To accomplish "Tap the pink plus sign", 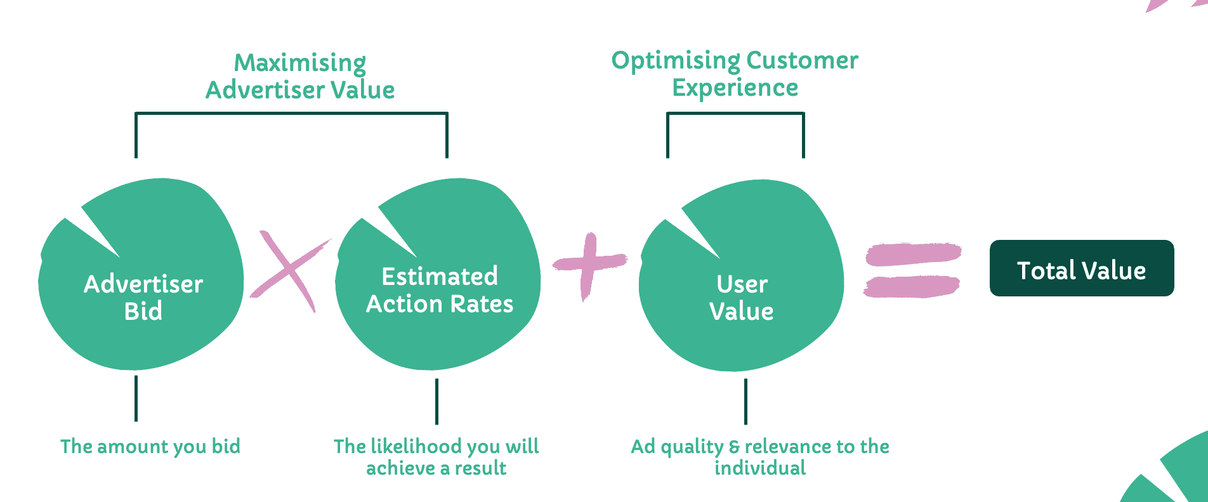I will [589, 263].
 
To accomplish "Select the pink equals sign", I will [912, 270].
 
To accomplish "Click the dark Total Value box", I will [1081, 268].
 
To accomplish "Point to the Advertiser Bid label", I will [143, 297].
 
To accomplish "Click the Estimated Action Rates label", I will [439, 290].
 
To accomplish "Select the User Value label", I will [741, 297].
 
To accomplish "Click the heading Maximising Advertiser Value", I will [300, 76].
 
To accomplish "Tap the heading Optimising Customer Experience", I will [735, 74].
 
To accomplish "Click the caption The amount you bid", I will [150, 447].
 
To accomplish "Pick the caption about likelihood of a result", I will [437, 457].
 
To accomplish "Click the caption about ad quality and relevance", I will [760, 457].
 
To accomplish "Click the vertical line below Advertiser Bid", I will [136, 399].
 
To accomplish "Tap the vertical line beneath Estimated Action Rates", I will [437, 401].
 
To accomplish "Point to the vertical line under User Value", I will [745, 401].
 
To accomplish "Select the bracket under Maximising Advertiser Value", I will [291, 114].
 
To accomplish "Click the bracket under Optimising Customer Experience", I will [735, 114].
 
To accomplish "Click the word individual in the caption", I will [760, 468].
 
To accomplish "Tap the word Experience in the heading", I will [735, 88].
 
